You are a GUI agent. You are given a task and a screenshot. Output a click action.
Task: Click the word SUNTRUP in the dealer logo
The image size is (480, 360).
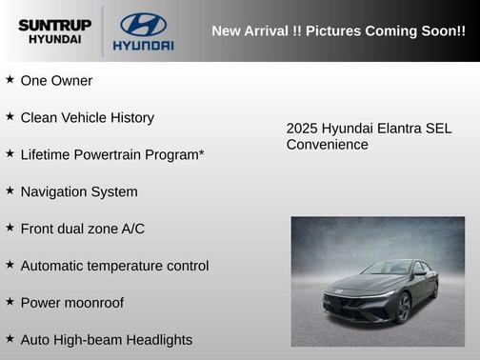click(x=53, y=24)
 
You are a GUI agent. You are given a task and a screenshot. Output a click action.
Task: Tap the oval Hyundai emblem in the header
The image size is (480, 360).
click(x=143, y=24)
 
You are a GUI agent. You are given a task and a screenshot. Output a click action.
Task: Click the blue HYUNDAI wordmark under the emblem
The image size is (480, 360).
click(x=143, y=45)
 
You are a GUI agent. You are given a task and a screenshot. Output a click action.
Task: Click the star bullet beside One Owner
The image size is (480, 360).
click(x=10, y=80)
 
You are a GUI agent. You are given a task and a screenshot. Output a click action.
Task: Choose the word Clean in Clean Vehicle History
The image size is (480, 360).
click(x=39, y=118)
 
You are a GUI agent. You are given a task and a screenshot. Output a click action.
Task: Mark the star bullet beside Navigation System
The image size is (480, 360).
click(x=10, y=190)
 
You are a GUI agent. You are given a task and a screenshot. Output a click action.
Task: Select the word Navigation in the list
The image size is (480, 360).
click(x=54, y=191)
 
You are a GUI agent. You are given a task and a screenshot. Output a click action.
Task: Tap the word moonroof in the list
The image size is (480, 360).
click(x=93, y=303)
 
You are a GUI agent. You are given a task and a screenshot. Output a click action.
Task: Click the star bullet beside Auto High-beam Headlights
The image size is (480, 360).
click(x=10, y=338)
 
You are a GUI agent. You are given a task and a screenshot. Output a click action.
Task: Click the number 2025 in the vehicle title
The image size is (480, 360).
click(x=302, y=128)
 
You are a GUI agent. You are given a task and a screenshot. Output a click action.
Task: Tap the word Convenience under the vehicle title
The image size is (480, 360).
click(x=327, y=145)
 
